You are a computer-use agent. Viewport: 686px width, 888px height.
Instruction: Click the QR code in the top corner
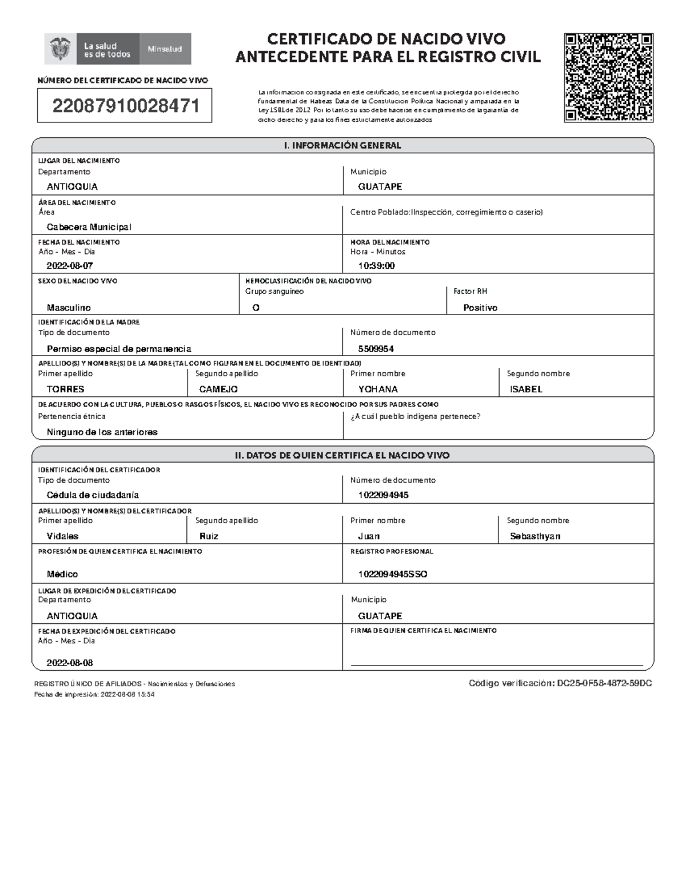click(x=609, y=78)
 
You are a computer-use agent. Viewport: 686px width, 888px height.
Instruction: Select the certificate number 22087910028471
click(x=126, y=106)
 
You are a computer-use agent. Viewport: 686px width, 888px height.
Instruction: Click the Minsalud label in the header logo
click(x=165, y=49)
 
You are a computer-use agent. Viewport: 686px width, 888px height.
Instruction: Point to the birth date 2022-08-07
click(x=70, y=266)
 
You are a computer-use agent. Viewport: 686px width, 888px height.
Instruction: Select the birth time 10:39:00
click(x=376, y=266)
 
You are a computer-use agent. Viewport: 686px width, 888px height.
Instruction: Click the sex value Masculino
click(x=69, y=308)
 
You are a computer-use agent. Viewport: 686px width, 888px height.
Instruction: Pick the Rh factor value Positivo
click(x=480, y=308)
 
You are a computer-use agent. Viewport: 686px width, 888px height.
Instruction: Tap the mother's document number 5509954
click(x=376, y=349)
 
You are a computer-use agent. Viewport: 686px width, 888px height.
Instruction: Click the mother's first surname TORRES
click(x=65, y=389)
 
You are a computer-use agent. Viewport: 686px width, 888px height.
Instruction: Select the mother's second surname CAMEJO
click(x=218, y=389)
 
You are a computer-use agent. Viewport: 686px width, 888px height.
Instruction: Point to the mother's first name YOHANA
click(x=378, y=389)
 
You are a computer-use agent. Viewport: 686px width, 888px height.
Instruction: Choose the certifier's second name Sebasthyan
click(x=535, y=536)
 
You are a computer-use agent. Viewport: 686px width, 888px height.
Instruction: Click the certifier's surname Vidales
click(x=62, y=536)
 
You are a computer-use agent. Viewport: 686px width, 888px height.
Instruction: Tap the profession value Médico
click(x=62, y=574)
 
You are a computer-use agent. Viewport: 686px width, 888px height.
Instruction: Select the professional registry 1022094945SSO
click(x=393, y=574)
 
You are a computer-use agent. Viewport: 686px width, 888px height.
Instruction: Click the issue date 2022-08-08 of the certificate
click(x=70, y=663)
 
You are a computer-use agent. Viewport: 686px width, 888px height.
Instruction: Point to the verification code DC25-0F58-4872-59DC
click(x=605, y=683)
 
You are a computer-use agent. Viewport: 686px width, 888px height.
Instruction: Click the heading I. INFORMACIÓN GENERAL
click(x=342, y=146)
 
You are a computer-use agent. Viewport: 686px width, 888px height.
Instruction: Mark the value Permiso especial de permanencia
click(x=119, y=349)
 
